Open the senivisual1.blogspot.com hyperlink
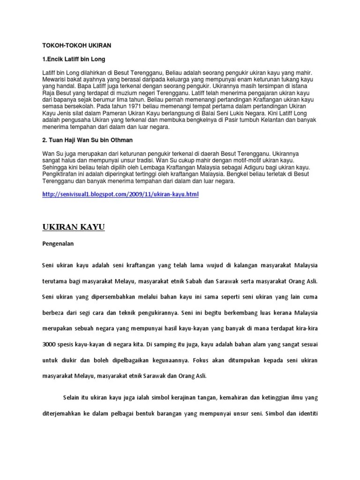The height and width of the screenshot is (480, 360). [120, 194]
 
